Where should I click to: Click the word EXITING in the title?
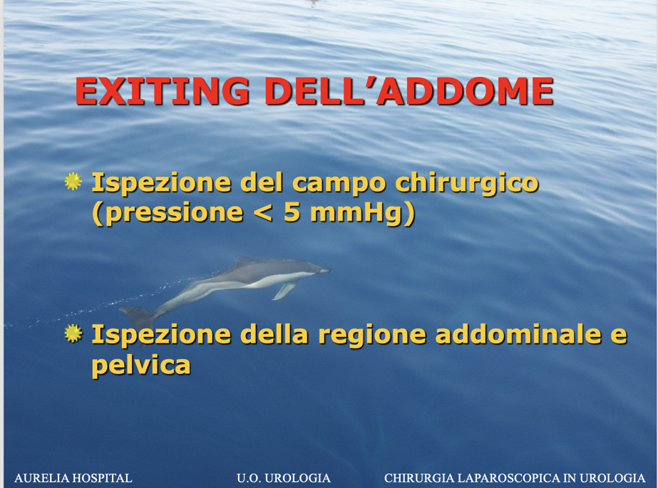pyautogui.click(x=163, y=91)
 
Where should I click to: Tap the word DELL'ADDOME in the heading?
pyautogui.click(x=409, y=91)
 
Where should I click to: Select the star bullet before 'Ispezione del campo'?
pyautogui.click(x=73, y=182)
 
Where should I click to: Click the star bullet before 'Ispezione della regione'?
pyautogui.click(x=73, y=333)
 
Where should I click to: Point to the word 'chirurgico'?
pyautogui.click(x=467, y=184)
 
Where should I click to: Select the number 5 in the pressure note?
pyautogui.click(x=292, y=212)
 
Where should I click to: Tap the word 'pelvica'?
pyautogui.click(x=141, y=365)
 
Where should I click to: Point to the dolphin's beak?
pyautogui.click(x=326, y=271)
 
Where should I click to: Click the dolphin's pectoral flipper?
pyautogui.click(x=285, y=290)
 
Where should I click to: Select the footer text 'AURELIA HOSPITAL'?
pyautogui.click(x=73, y=478)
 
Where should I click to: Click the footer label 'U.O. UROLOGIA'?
pyautogui.click(x=284, y=478)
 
